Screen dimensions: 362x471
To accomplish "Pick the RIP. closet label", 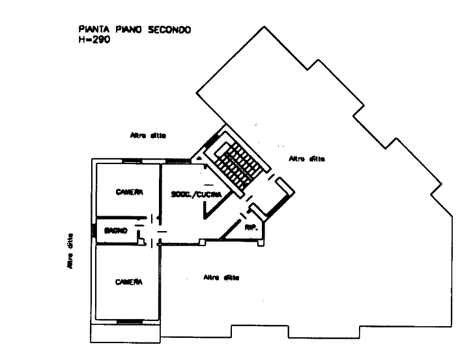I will [251, 229].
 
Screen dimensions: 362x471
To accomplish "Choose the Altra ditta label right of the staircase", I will [307, 158].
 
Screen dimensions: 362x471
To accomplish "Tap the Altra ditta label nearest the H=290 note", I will [149, 137].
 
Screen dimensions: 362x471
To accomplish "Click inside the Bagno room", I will [117, 234].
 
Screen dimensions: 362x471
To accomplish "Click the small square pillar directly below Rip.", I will [261, 245].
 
